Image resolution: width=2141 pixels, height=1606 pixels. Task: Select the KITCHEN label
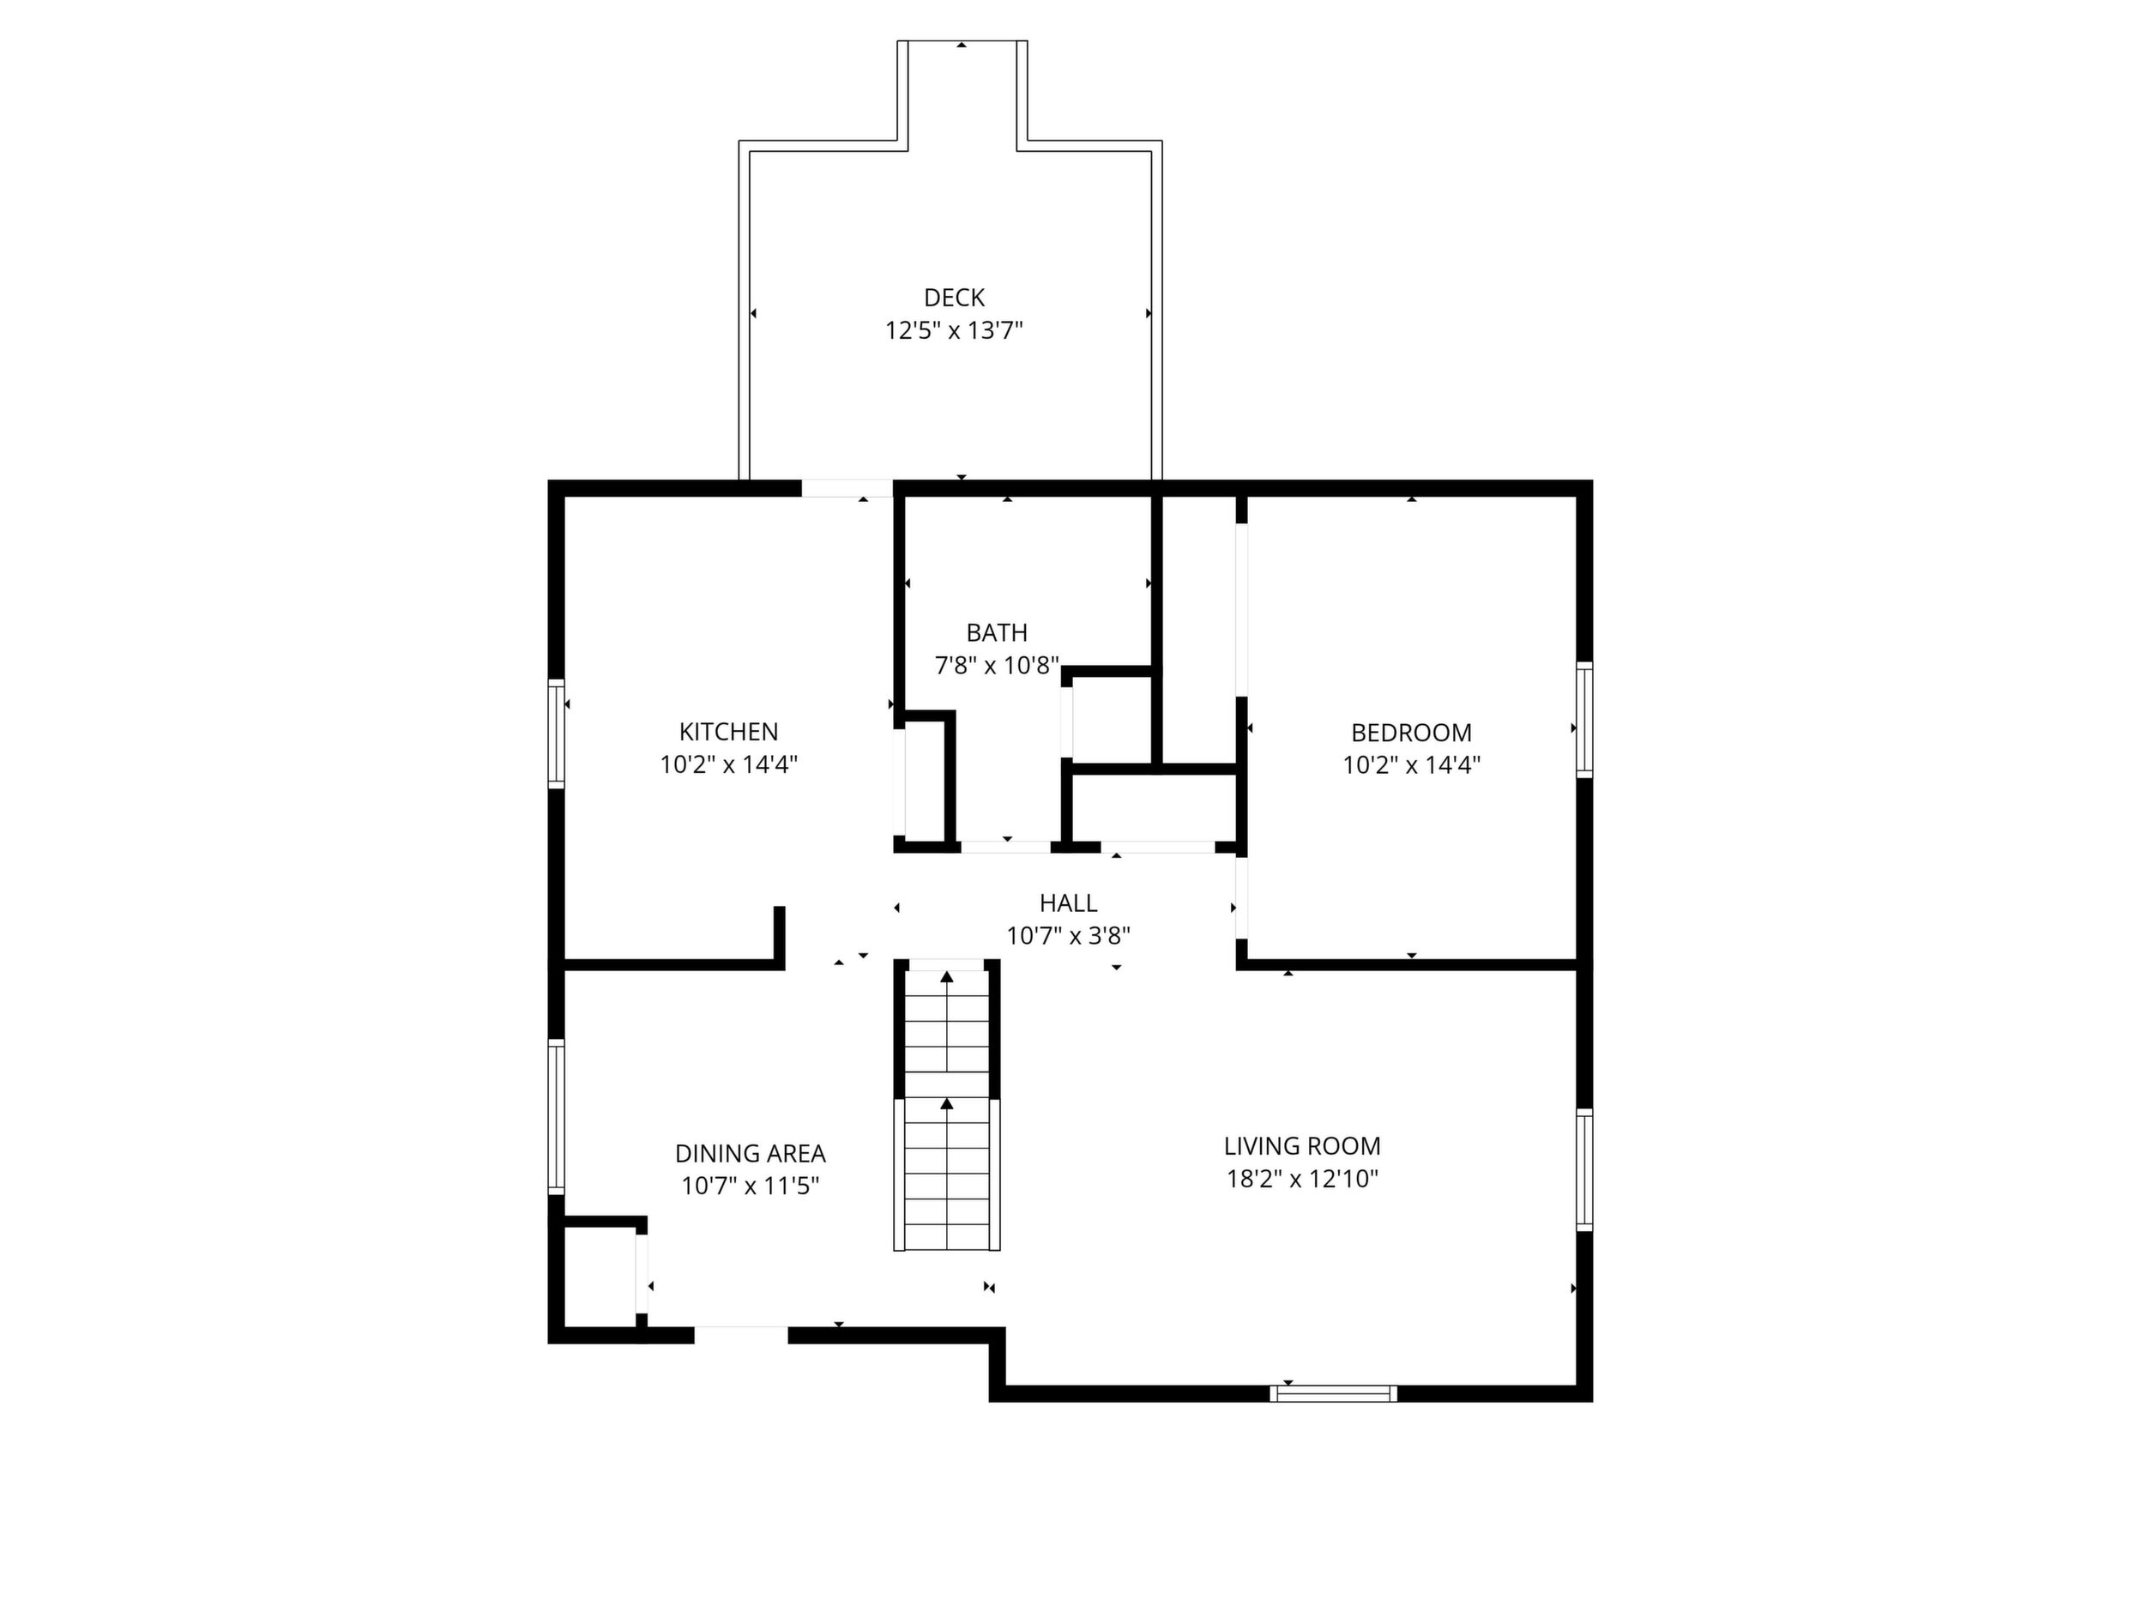(728, 732)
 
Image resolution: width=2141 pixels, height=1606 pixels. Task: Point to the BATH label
(996, 633)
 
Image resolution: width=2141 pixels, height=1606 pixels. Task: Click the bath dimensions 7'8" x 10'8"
(996, 666)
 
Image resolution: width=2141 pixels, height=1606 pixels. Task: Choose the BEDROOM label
(1411, 733)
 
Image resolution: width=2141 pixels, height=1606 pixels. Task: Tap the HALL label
(1068, 903)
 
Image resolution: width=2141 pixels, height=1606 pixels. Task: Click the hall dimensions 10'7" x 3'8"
(1068, 936)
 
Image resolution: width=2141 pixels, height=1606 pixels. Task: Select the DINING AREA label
(751, 1154)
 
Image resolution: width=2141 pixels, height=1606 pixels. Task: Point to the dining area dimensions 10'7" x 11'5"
(751, 1186)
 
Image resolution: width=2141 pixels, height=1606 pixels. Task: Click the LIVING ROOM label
(1302, 1146)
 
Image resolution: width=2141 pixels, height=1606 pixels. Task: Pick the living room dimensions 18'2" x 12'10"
(1302, 1179)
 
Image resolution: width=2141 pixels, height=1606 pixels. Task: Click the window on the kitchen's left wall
(557, 733)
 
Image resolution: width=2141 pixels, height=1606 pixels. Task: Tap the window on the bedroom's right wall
(1584, 721)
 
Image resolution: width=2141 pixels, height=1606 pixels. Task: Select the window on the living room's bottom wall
(1333, 1394)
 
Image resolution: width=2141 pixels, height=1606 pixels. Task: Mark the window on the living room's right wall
(1584, 1170)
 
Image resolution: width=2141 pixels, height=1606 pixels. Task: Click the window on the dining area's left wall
(557, 1117)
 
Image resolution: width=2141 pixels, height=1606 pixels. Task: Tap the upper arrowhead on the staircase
(947, 977)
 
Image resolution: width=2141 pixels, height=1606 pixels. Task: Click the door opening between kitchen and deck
(847, 489)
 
